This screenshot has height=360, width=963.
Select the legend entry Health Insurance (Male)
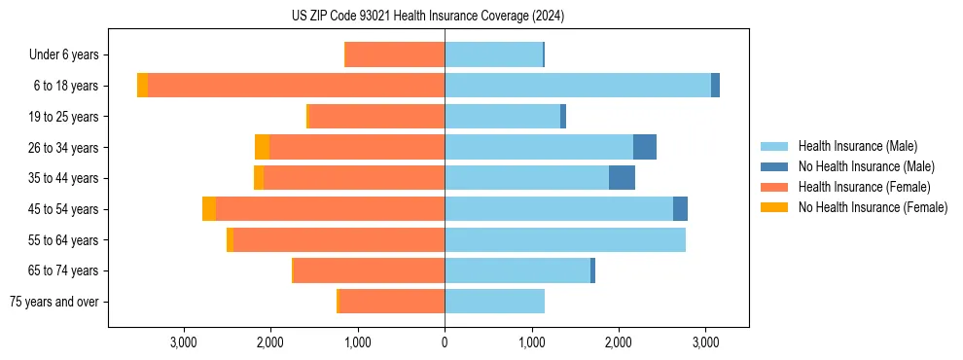(x=857, y=146)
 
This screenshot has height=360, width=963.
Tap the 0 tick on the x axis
(x=445, y=342)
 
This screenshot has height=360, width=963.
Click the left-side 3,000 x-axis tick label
(x=184, y=342)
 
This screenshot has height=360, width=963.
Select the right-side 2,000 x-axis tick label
(x=619, y=342)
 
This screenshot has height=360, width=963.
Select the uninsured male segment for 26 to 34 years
(x=645, y=147)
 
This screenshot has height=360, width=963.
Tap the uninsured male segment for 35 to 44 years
(x=622, y=178)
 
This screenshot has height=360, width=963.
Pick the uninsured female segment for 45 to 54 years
(x=209, y=209)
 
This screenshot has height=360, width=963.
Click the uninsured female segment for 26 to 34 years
(x=262, y=147)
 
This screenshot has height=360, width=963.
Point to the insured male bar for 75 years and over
(x=494, y=302)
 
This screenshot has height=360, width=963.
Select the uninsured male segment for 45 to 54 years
(x=680, y=209)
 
